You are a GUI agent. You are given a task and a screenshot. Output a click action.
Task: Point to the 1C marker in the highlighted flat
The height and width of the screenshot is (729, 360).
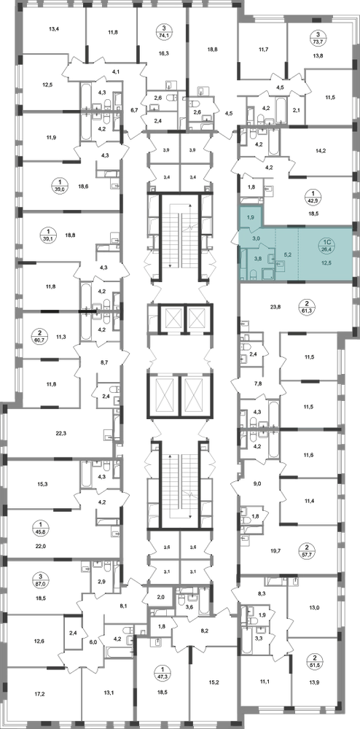pos(327,245)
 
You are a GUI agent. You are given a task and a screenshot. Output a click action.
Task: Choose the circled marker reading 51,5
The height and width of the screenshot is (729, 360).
pos(318,660)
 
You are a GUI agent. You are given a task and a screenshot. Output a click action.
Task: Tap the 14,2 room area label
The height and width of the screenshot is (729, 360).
pos(321,151)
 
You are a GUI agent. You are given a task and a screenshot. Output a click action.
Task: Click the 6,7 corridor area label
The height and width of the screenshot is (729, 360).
pos(134,110)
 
